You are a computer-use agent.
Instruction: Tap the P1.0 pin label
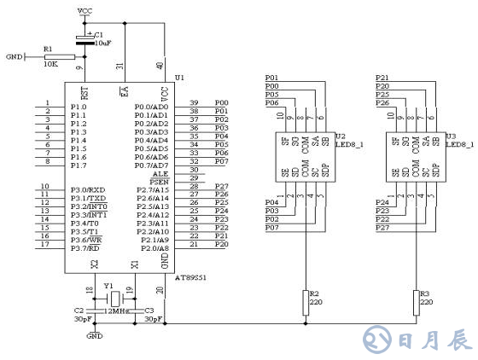[x=79, y=107]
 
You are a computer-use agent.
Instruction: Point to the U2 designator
[x=341, y=136]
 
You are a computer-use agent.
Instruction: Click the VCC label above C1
[x=85, y=11]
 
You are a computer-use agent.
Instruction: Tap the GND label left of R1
[x=15, y=57]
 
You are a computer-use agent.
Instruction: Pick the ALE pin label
[x=160, y=173]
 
